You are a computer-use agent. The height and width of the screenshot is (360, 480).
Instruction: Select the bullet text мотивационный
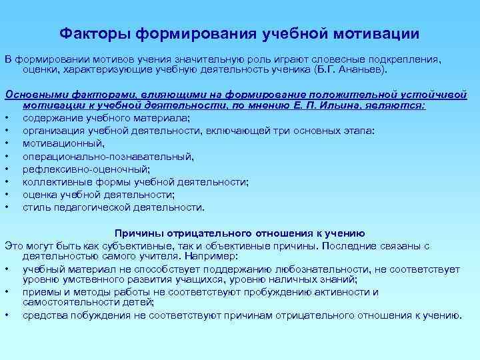coord(54,143)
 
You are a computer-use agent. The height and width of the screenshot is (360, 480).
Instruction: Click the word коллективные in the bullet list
coord(53,181)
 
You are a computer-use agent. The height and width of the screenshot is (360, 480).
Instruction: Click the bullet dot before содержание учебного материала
coord(7,118)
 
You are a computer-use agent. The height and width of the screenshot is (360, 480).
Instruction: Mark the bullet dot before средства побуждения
coord(7,315)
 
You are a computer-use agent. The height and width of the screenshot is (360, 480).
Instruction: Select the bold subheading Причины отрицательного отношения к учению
coord(240,233)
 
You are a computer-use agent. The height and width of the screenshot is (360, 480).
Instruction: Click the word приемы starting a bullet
coord(41,291)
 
